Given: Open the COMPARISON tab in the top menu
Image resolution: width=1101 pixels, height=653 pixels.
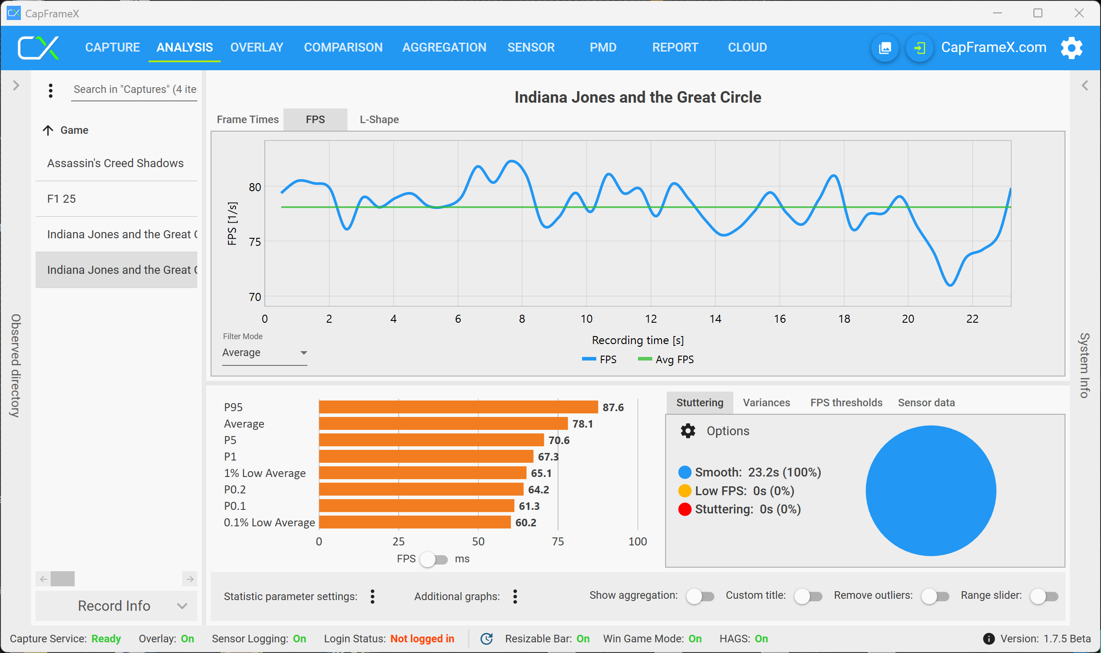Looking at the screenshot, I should [343, 47].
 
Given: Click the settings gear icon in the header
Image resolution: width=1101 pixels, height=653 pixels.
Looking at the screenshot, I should [1071, 48].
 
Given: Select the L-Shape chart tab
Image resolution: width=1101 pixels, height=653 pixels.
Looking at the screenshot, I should [379, 120].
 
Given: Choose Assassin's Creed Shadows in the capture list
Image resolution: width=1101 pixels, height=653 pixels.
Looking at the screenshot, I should [116, 163].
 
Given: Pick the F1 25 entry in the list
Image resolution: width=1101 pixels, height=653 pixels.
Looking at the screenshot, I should [62, 199].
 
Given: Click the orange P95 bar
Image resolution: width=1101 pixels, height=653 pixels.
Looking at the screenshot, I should [458, 407].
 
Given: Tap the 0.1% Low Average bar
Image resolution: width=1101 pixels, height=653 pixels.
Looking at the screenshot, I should [415, 522].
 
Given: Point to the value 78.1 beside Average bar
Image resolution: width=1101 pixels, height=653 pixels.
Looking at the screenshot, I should [582, 424].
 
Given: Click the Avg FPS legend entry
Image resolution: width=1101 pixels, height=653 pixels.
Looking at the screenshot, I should [666, 359].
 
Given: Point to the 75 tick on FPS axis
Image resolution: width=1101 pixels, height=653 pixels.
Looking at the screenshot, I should [255, 242].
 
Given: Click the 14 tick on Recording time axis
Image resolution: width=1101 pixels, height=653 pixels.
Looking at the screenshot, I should [715, 319].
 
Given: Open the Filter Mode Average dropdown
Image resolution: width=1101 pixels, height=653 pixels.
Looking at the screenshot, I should [265, 353].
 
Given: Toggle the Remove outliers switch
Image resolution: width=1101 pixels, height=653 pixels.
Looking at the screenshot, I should [935, 596].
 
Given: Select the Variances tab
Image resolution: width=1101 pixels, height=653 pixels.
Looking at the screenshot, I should [766, 402].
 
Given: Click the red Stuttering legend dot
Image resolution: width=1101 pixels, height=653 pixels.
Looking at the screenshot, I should [685, 509].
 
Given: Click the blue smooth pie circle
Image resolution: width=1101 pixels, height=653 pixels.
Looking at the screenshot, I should [931, 490].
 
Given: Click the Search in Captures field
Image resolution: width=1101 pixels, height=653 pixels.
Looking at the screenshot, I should [134, 89].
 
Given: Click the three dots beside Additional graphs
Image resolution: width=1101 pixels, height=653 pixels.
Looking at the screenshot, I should [515, 596].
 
